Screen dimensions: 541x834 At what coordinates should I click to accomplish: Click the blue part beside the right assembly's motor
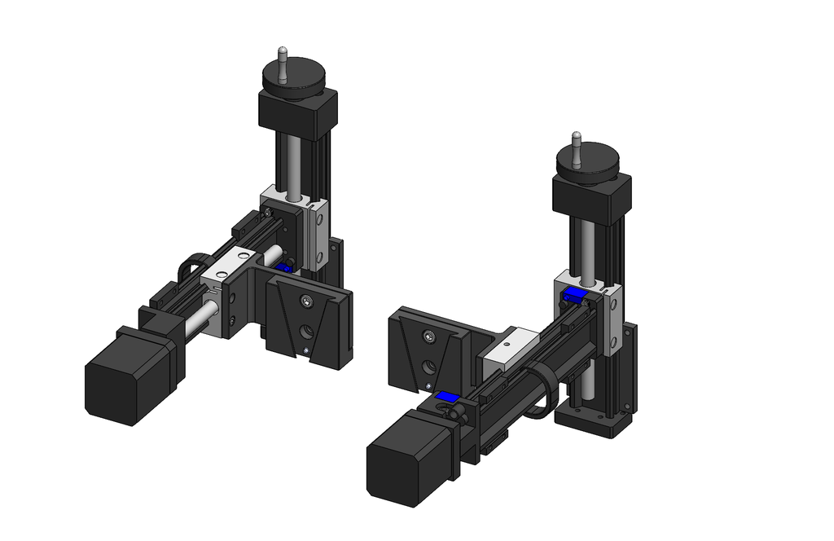coord(446,397)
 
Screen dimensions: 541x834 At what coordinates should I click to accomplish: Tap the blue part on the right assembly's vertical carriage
coord(576,294)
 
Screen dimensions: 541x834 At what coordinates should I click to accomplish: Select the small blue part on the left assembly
coord(284,266)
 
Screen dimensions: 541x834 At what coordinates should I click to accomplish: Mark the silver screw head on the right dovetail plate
coord(429,336)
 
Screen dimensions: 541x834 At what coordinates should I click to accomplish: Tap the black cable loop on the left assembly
coord(191,264)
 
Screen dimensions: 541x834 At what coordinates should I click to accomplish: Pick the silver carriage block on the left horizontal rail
coord(229,265)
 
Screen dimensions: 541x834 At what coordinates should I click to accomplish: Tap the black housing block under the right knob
coord(592,197)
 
